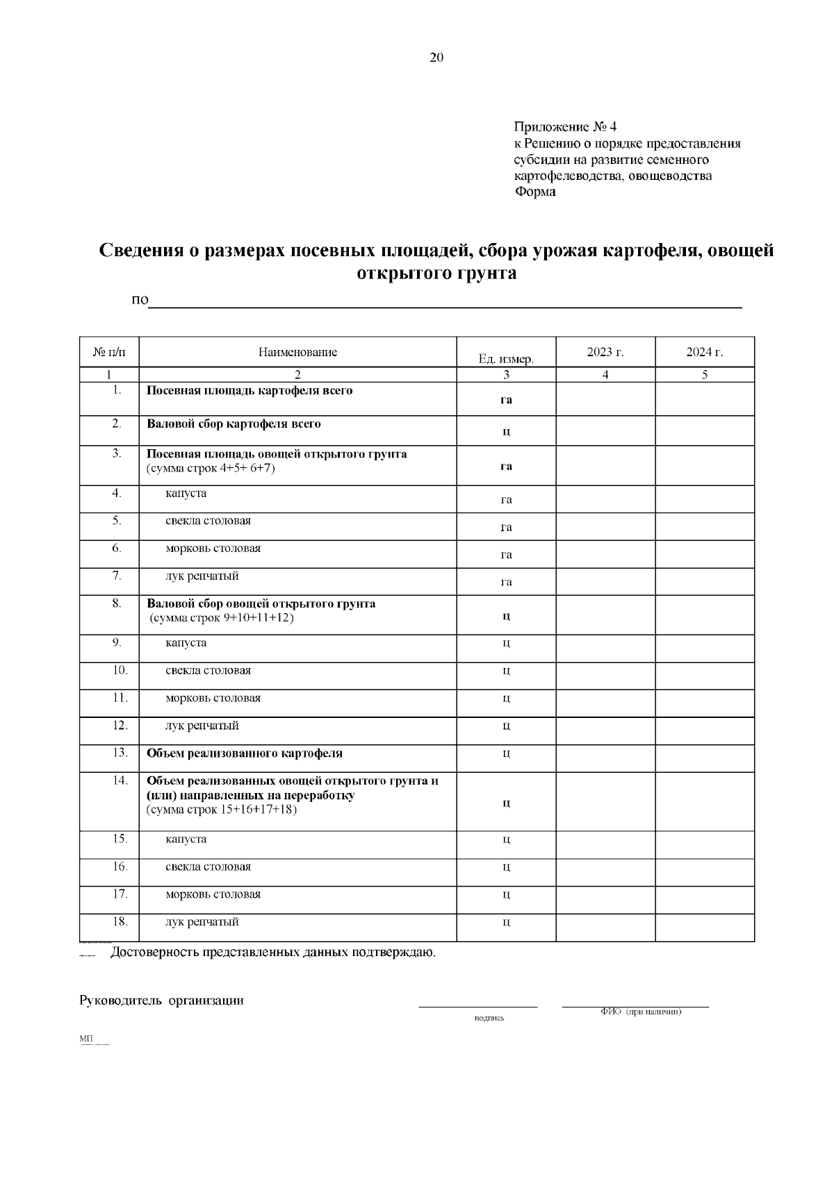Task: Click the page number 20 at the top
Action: [436, 58]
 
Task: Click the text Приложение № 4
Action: [565, 127]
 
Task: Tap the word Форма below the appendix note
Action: [534, 192]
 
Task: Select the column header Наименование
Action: [297, 352]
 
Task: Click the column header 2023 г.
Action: [605, 352]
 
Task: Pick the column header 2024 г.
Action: [704, 352]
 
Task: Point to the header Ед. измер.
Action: [505, 359]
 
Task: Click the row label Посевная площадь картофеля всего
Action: [250, 390]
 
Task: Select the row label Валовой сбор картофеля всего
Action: [234, 424]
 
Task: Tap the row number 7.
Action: [117, 576]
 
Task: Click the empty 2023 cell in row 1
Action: [605, 399]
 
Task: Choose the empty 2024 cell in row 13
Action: [704, 758]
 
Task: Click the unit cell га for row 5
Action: [506, 527]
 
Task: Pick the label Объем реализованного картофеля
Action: [245, 753]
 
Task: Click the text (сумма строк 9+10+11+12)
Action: [222, 618]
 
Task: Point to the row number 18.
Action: [120, 922]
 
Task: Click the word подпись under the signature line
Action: [489, 1019]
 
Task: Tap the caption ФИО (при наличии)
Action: [641, 1012]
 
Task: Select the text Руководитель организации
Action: [162, 1001]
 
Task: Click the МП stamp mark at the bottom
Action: [87, 1039]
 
